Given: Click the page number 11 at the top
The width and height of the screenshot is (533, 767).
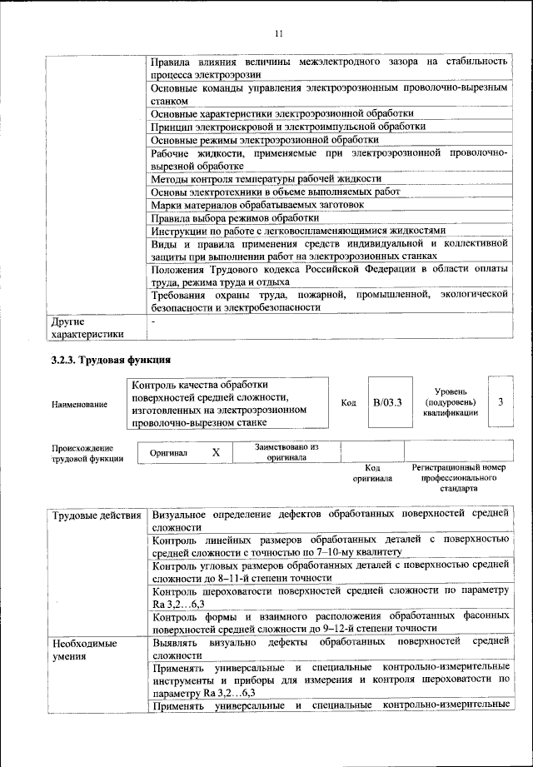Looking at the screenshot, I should (278, 33).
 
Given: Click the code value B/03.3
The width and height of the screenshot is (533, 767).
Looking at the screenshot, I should (387, 402).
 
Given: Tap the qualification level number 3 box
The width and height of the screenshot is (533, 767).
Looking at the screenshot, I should (501, 401).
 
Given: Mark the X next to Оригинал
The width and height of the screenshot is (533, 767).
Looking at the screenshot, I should (216, 452).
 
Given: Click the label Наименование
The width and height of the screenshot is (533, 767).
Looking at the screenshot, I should (80, 404).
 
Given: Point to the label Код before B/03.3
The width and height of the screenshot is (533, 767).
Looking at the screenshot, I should (348, 402).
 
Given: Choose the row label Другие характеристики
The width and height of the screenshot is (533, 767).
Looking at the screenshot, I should (86, 327).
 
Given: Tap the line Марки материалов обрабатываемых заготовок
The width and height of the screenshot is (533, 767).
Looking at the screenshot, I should (257, 204).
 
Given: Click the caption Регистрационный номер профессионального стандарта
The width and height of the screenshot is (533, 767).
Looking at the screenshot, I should (459, 479).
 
